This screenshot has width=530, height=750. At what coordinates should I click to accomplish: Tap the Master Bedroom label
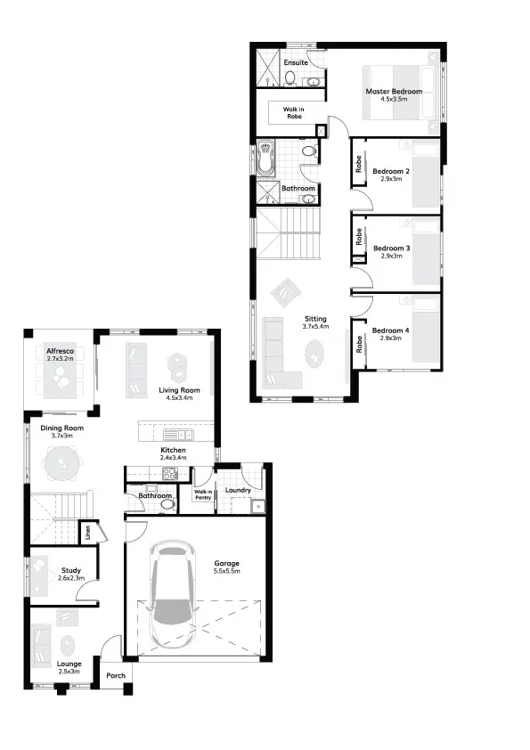(394, 92)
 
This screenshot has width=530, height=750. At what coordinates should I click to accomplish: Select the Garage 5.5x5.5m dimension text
(227, 571)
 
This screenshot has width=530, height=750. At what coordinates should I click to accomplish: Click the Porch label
(116, 675)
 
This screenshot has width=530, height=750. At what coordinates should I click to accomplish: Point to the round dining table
(61, 462)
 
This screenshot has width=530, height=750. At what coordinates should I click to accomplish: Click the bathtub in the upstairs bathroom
(265, 158)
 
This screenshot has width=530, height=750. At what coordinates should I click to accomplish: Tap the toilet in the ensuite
(289, 77)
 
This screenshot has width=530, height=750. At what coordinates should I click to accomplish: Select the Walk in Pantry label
(203, 494)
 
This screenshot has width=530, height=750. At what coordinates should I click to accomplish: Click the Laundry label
(238, 490)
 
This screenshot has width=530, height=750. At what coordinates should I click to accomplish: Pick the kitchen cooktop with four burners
(170, 474)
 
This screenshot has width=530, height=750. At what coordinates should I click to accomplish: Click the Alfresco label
(61, 351)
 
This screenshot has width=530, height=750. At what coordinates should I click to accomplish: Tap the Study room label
(71, 570)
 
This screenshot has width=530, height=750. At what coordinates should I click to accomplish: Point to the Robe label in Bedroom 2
(359, 164)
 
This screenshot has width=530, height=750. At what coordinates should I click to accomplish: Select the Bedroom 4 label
(391, 330)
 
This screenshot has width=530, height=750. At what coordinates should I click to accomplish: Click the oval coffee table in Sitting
(314, 354)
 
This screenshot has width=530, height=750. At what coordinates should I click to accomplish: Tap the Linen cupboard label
(88, 533)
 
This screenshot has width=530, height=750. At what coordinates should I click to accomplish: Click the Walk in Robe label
(293, 113)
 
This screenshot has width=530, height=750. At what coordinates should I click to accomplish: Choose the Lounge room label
(69, 664)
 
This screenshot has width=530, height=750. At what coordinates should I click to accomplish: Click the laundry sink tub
(258, 506)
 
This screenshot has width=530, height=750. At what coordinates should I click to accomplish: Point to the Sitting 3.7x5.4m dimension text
(315, 327)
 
